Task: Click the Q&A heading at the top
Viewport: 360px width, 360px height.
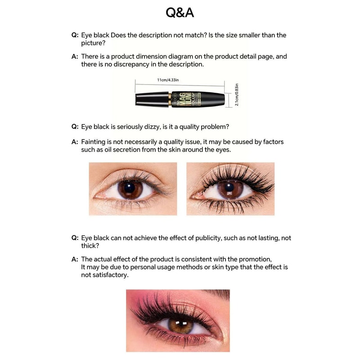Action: tap(180, 13)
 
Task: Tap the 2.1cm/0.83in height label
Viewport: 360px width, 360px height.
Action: tap(237, 94)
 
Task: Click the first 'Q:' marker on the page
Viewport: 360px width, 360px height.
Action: tap(75, 35)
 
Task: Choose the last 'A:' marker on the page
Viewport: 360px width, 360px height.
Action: tap(75, 259)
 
